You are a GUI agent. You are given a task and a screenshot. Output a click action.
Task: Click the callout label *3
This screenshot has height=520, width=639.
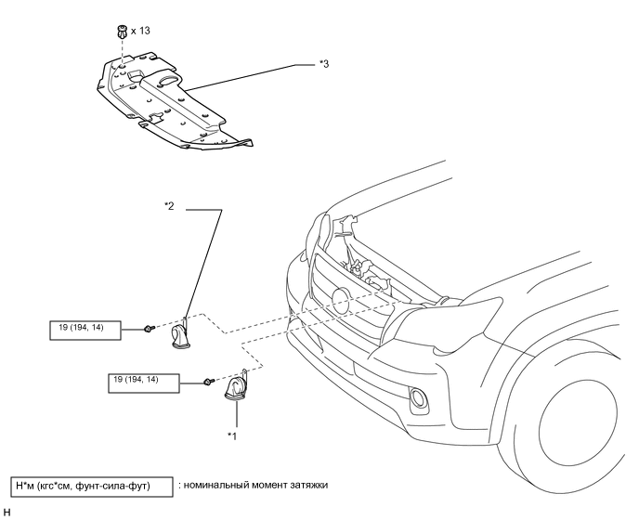pos(324,64)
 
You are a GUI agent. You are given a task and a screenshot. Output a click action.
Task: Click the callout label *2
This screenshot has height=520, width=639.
pos(169,206)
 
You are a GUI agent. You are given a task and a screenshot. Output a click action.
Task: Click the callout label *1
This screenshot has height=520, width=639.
pos(232,436)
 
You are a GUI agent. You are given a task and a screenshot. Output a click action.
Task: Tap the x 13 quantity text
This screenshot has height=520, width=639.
pos(140,31)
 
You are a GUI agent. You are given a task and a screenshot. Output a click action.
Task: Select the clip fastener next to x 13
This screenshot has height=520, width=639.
pos(122,32)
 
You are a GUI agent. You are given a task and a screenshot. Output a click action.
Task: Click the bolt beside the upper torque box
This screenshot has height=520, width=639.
pos(150,328)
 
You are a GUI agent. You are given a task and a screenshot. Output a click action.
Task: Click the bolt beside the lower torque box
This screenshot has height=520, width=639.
pos(209,382)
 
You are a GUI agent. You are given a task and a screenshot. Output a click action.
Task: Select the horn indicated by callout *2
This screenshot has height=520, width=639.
pos(181,334)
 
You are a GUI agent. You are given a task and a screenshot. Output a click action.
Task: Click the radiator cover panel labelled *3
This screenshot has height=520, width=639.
pos(171,102)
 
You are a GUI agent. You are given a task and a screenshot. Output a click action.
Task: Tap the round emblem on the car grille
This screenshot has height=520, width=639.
pos(341,301)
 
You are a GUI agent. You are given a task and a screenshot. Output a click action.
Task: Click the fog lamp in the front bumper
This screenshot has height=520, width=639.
pos(419,397)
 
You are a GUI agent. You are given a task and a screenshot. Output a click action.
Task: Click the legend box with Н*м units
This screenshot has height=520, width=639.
pos(92,487)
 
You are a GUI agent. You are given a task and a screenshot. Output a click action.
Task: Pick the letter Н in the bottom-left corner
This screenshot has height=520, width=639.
pos(7,513)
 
